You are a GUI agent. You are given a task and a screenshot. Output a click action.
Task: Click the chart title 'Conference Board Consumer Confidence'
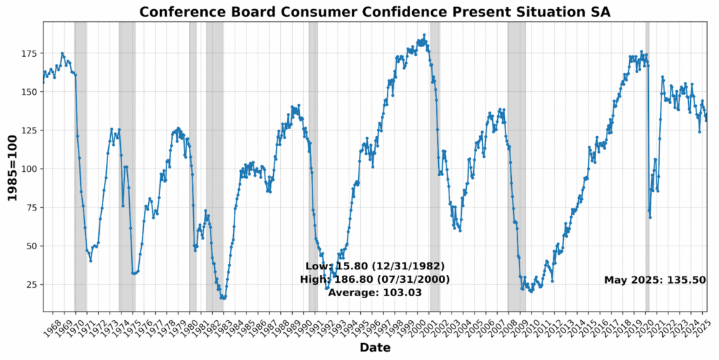pos(374,12)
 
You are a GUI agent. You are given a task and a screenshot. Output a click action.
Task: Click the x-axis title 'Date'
pos(374,347)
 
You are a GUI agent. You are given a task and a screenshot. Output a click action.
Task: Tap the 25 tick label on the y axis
pos(31,284)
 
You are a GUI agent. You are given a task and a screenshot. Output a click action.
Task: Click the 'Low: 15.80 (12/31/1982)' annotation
pos(374,267)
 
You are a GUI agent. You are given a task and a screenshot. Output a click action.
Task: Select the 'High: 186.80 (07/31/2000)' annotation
pos(374,279)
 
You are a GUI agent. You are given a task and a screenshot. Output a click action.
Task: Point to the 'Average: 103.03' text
pos(374,292)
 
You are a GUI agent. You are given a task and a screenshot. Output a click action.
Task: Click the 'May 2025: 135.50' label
pos(654,280)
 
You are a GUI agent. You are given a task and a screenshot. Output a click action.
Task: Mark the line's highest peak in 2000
pos(424,35)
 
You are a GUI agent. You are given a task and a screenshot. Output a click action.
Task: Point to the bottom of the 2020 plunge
pos(650,217)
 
